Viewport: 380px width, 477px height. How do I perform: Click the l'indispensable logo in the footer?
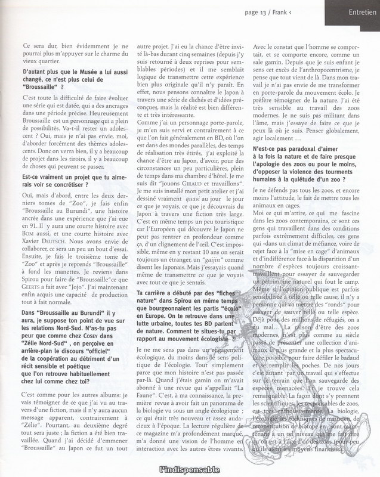[190, 469]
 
